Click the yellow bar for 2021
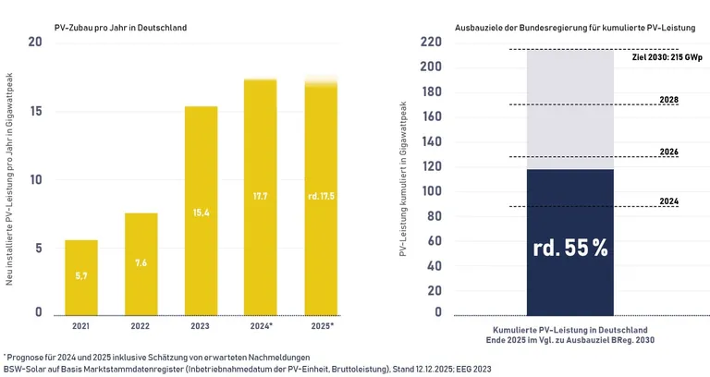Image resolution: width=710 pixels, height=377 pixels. pos(80,276)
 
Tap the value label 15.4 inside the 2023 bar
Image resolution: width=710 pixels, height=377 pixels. pos(202,213)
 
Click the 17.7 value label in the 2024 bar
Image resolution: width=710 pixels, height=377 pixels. pos(261,196)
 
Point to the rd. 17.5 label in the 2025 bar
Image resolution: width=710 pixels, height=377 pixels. pos(321,196)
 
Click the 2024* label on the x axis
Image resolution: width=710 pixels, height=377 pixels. pos(261,326)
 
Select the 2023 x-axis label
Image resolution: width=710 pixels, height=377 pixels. pos(202,326)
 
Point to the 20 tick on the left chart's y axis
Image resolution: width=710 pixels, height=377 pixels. pos(35,43)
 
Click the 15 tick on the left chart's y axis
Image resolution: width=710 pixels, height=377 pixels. pos(35,112)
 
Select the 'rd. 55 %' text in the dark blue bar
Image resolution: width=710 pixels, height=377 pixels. pos(569,249)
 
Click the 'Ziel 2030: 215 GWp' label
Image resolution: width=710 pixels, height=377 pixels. pos(667,57)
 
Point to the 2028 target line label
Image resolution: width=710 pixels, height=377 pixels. pos(669,99)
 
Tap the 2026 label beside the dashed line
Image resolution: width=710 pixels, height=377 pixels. pos(669,151)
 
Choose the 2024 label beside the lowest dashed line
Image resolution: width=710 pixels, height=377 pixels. pos(669,201)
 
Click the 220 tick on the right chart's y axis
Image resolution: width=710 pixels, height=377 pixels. pos(432,43)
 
